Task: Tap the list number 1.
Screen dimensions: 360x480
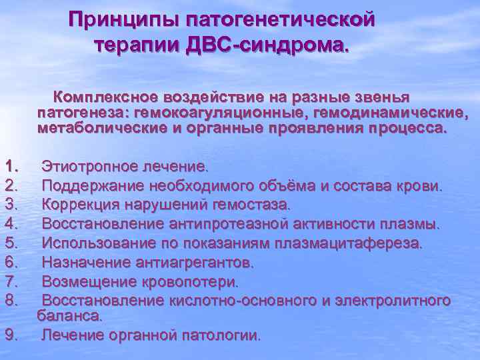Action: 11,165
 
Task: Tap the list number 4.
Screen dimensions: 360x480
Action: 11,223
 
